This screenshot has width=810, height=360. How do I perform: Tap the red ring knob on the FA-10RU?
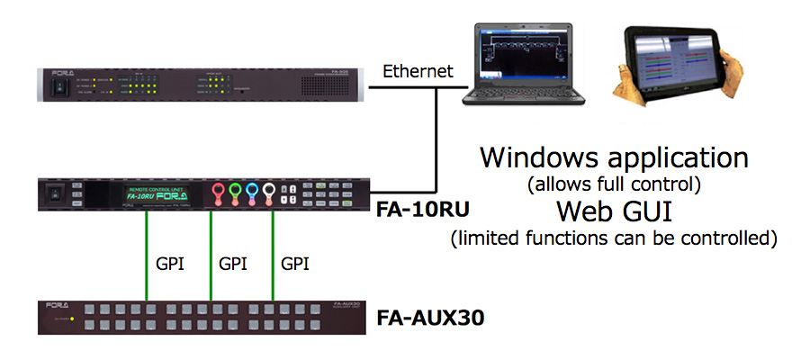(x=217, y=192)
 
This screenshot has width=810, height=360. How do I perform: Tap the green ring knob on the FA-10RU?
(x=235, y=192)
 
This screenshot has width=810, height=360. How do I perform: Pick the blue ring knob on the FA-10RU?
(x=253, y=192)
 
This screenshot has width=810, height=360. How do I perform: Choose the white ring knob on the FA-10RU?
(x=271, y=192)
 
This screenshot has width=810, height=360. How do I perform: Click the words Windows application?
(x=614, y=157)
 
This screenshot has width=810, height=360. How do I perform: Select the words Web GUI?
(x=614, y=212)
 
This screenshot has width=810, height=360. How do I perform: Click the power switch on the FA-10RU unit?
(x=55, y=192)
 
